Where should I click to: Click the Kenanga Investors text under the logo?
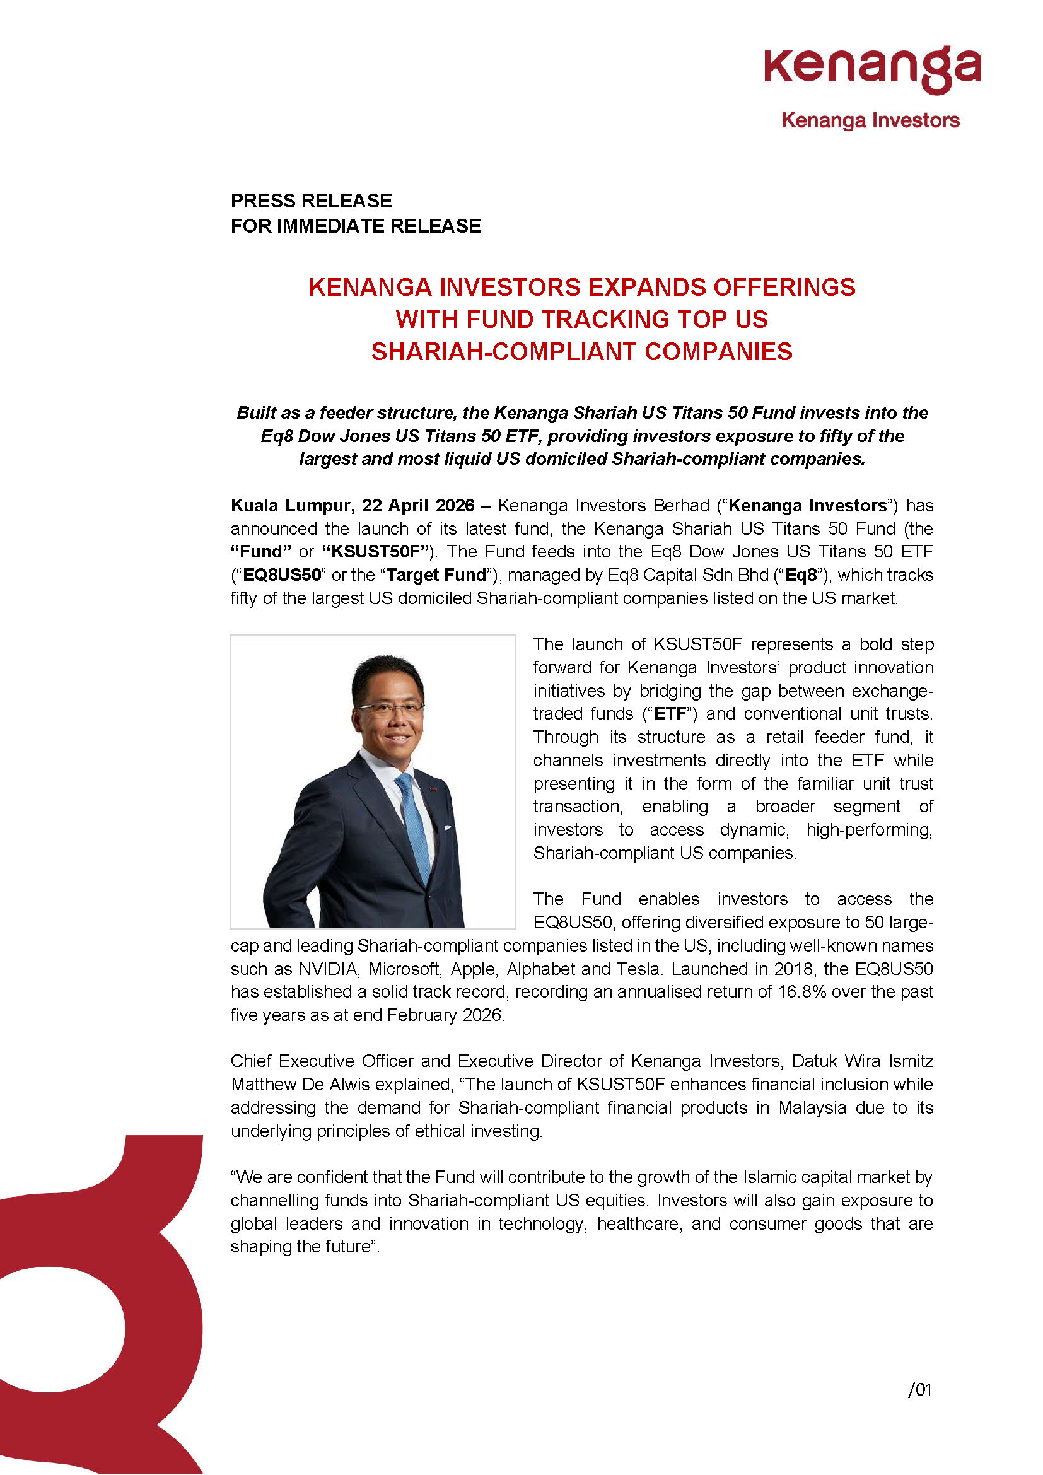pos(870,120)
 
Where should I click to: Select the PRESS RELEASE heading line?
pos(311,201)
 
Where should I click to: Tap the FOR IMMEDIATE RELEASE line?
pos(355,226)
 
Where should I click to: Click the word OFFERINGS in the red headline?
pos(784,287)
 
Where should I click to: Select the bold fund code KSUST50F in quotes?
pos(375,552)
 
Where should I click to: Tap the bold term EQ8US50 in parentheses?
pos(281,575)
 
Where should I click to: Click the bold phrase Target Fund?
pos(436,575)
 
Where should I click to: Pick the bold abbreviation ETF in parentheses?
pos(670,714)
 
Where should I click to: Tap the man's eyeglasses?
pos(389,709)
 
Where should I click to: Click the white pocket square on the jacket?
pos(447,827)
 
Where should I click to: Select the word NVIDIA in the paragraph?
pos(327,969)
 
